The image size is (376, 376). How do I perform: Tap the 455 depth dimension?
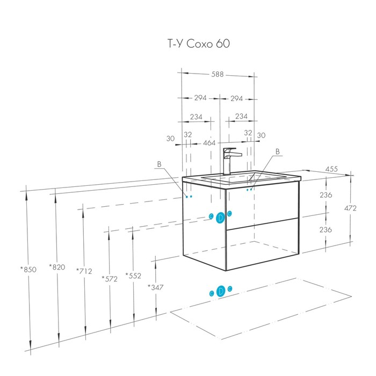(332, 170)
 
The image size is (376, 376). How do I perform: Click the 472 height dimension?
(350, 208)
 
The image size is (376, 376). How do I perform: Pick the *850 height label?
(28, 270)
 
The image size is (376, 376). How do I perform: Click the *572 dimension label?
(110, 278)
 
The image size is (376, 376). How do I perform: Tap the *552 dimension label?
(133, 276)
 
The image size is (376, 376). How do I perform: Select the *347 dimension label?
(156, 286)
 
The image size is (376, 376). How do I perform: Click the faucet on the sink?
(228, 161)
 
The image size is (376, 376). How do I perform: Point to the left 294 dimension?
(200, 98)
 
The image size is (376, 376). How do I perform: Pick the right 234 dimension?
(241, 116)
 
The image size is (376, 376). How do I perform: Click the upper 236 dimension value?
(325, 195)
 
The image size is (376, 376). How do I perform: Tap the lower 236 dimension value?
(325, 229)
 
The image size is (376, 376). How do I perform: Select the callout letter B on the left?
(160, 164)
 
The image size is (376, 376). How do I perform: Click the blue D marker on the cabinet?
(220, 216)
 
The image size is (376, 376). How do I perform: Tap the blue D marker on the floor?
(220, 291)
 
